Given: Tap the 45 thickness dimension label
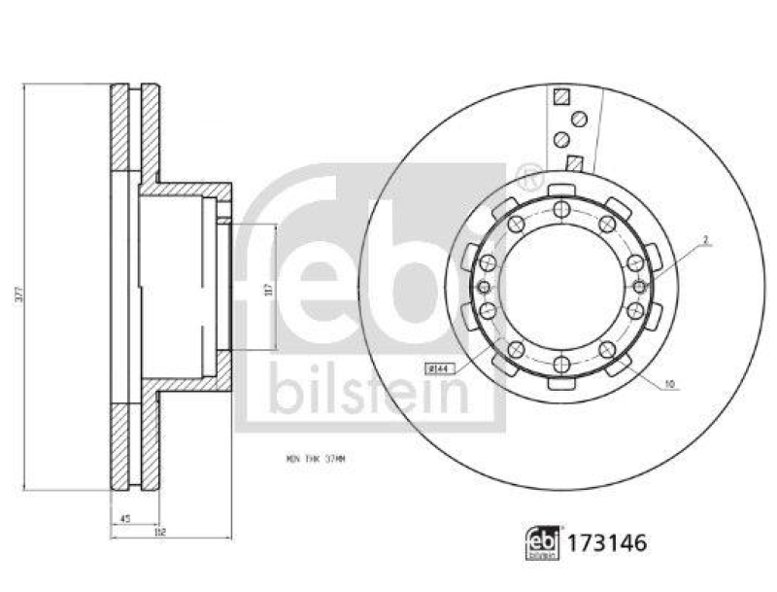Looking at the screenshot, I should click(x=125, y=517).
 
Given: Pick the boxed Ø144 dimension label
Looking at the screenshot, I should click(x=440, y=367).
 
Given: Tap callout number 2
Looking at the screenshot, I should click(x=706, y=238).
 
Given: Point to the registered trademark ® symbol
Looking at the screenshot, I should click(x=529, y=178).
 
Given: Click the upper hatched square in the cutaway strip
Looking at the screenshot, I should click(x=560, y=97).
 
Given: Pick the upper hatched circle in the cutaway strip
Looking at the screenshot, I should click(x=580, y=119).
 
